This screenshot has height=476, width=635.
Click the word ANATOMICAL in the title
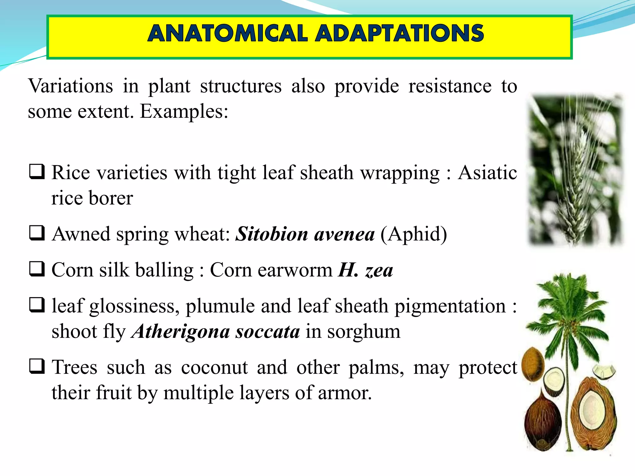click(228, 33)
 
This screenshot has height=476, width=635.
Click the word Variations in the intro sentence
click(70, 86)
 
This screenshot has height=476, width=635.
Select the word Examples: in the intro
click(184, 111)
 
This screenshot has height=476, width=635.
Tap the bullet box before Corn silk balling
click(37, 269)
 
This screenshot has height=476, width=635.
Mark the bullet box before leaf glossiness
click(37, 305)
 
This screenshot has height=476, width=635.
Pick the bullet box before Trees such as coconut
click(37, 366)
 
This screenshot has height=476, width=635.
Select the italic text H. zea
click(366, 270)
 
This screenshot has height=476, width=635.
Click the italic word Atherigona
click(180, 331)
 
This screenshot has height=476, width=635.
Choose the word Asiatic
click(487, 172)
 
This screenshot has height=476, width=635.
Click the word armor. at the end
click(345, 393)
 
